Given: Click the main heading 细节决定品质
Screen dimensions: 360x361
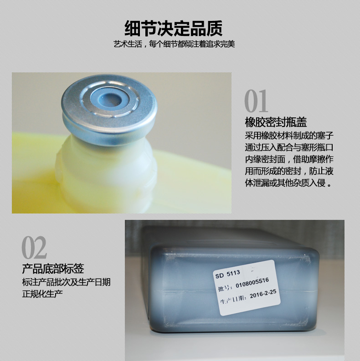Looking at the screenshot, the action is click(174, 28).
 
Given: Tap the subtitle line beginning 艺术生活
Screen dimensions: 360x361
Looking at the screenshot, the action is click(174, 44).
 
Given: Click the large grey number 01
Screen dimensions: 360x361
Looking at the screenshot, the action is click(256, 101).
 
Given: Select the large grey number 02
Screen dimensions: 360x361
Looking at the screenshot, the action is click(34, 248).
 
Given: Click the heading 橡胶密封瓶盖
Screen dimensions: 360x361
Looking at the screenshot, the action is click(276, 122).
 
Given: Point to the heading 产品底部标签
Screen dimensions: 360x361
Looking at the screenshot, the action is click(53, 269).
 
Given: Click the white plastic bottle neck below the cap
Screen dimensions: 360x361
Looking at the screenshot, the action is click(107, 168).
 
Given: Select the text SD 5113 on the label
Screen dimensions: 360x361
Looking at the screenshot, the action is click(228, 274).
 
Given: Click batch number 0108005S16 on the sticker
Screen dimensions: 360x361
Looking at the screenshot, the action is click(252, 283).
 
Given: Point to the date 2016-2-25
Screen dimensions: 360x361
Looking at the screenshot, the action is click(263, 294).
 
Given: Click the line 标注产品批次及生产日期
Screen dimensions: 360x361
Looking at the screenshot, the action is click(67, 282).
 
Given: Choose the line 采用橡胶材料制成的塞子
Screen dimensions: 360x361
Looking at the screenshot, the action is click(289, 136).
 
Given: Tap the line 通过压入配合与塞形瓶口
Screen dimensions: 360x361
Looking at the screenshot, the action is click(289, 147).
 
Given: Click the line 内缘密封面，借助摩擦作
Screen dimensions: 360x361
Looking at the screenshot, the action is click(289, 159).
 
